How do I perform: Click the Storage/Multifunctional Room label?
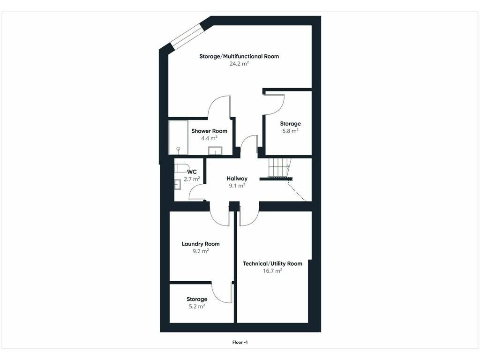[x=239, y=56]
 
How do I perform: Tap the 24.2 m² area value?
[x=239, y=64]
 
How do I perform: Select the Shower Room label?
[x=210, y=131]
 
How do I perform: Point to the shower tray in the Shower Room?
[x=178, y=137]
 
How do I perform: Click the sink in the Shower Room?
[x=216, y=151]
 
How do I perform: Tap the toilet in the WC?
[x=180, y=168]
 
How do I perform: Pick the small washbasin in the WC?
[x=178, y=185]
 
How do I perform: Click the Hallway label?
[x=237, y=179]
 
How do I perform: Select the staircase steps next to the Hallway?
[x=279, y=167]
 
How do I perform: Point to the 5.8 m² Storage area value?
[x=290, y=131]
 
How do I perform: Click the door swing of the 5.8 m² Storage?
[x=274, y=105]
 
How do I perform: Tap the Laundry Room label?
[x=201, y=244]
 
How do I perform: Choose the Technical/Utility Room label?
[x=272, y=263]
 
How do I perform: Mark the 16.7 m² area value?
[x=272, y=271]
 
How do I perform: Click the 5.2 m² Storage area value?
[x=197, y=307]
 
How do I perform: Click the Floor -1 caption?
[x=240, y=342]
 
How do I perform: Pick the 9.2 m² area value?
[x=201, y=251]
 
